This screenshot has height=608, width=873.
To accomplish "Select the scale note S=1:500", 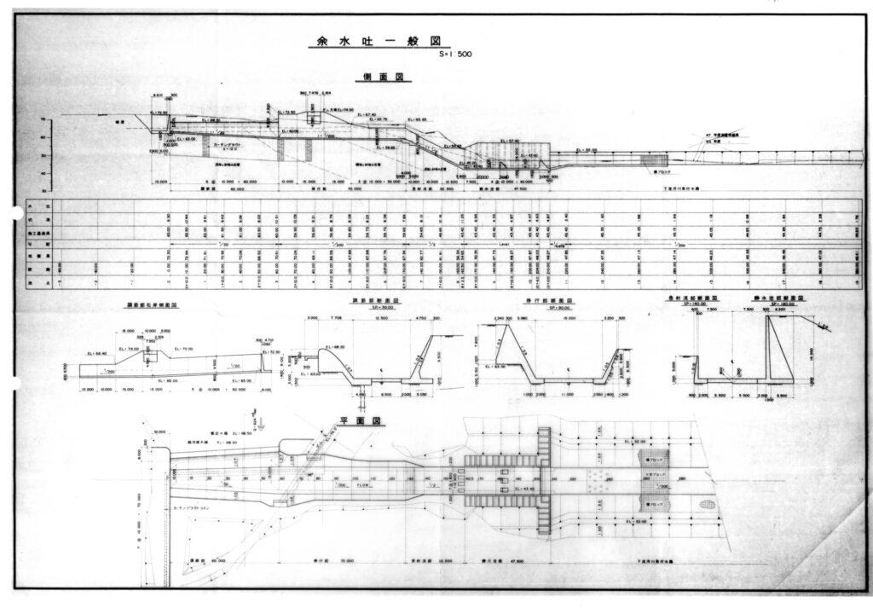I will click(454, 55).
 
